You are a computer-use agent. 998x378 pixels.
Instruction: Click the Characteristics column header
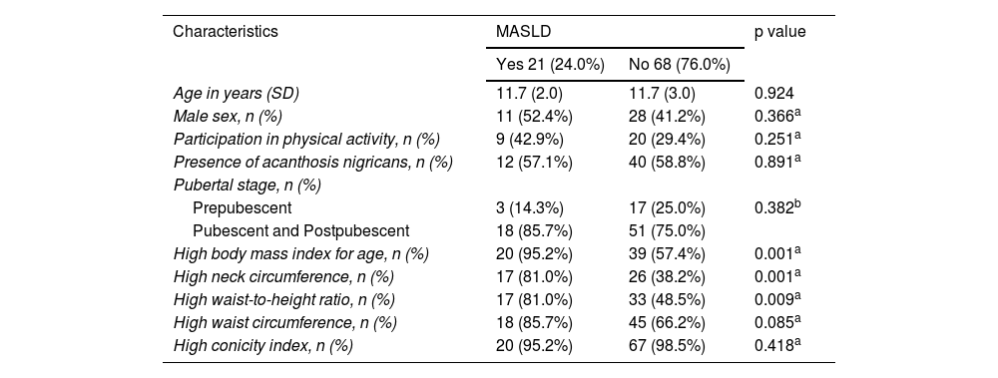click(226, 31)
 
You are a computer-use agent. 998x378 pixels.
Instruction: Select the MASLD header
click(523, 31)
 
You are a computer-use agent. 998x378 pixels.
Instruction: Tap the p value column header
click(779, 32)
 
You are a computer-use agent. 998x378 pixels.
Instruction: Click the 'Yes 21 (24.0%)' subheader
click(550, 64)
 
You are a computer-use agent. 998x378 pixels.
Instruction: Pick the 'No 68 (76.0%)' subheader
click(679, 64)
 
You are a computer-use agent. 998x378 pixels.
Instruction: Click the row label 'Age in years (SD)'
click(237, 94)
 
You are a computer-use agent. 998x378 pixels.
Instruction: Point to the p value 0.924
click(774, 94)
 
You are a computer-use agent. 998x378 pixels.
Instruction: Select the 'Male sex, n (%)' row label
click(228, 117)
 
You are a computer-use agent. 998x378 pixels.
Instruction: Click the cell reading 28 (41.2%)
click(667, 117)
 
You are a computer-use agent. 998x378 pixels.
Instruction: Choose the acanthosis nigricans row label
click(313, 163)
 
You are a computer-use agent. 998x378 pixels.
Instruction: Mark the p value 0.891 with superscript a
click(777, 162)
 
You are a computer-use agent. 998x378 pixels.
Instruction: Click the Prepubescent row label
click(242, 208)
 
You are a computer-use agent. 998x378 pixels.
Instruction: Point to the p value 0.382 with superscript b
click(777, 207)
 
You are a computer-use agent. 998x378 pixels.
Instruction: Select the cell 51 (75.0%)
click(667, 231)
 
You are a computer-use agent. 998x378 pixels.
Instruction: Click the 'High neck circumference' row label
click(283, 277)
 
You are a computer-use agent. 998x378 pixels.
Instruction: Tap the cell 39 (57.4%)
click(667, 254)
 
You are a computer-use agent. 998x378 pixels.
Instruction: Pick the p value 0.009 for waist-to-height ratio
click(777, 299)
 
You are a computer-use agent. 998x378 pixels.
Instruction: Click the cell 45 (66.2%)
click(667, 322)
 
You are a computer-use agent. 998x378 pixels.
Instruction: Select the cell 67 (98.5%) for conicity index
click(667, 345)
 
